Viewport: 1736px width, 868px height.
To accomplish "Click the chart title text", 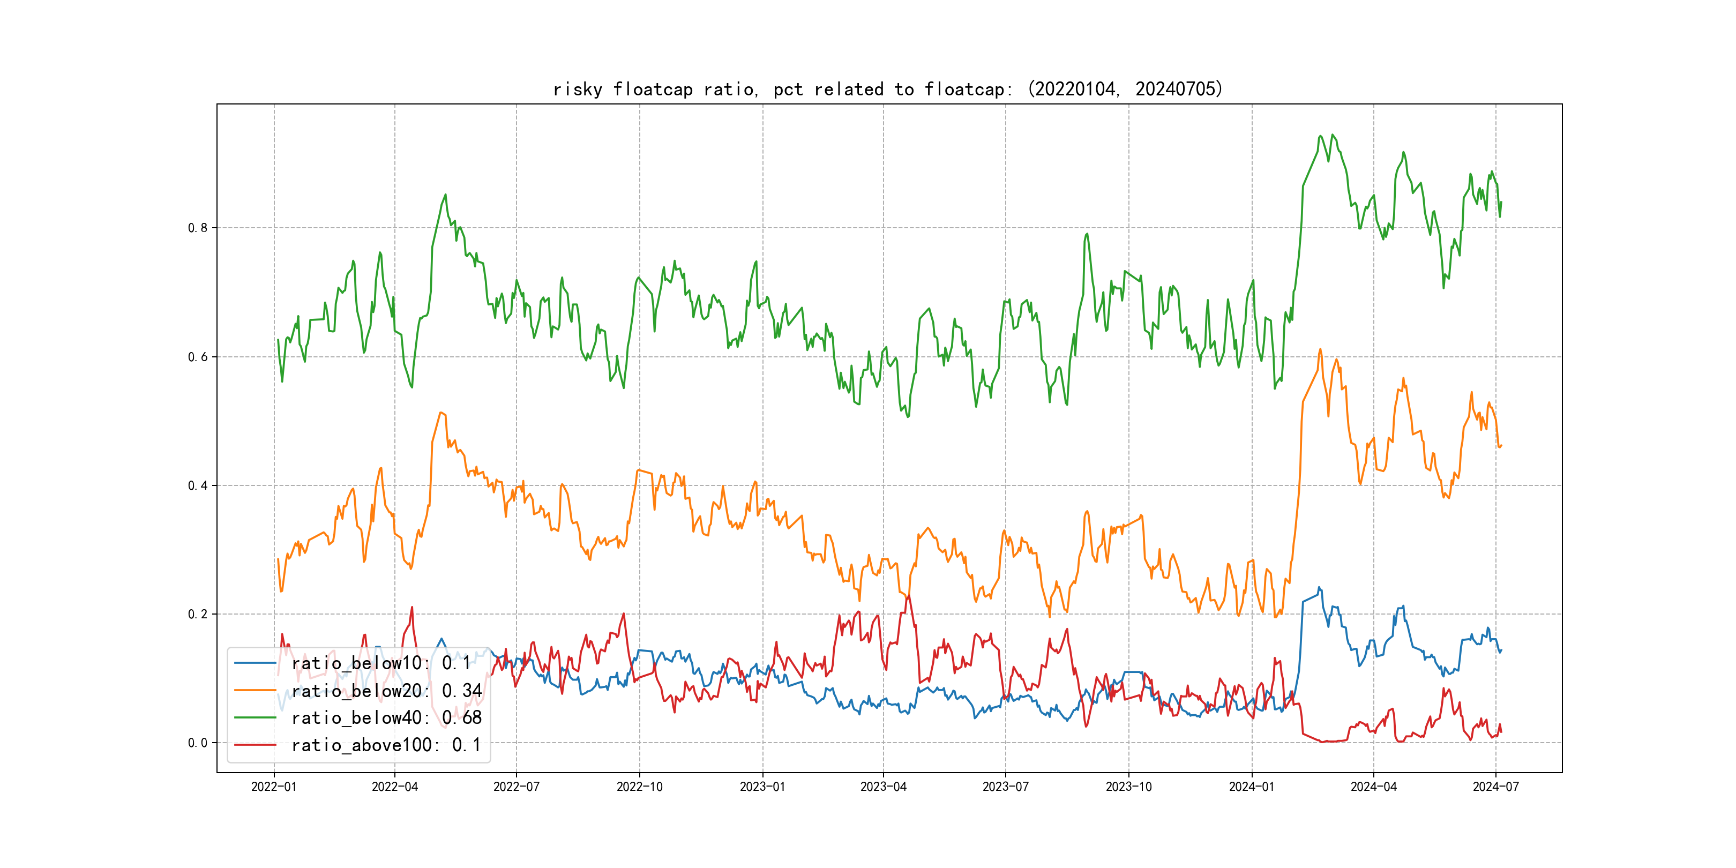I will tap(887, 89).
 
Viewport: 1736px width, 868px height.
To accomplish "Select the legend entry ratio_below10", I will tap(381, 663).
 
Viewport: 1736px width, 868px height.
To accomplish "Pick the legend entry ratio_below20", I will tap(386, 691).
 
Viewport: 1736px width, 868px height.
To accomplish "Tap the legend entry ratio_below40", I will tap(386, 718).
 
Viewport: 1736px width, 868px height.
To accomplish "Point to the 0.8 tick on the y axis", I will tap(198, 228).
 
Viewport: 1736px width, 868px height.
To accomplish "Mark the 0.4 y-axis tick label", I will tap(198, 486).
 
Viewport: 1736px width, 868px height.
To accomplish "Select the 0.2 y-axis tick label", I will tap(198, 614).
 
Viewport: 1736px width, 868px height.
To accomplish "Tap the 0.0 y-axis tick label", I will tap(198, 743).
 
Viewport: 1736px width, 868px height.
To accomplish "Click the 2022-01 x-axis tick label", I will tap(274, 787).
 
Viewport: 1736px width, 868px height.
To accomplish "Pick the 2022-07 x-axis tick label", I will tap(516, 787).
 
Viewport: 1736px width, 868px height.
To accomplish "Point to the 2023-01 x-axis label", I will tap(762, 787).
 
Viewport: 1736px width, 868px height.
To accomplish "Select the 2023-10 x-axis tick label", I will tap(1129, 787).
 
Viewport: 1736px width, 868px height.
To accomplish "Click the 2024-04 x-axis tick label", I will tap(1373, 787).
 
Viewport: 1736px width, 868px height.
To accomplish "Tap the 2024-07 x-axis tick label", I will tap(1496, 787).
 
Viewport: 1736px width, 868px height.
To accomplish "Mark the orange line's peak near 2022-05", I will tap(441, 413).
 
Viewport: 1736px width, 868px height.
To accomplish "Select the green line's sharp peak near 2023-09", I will tap(1087, 234).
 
